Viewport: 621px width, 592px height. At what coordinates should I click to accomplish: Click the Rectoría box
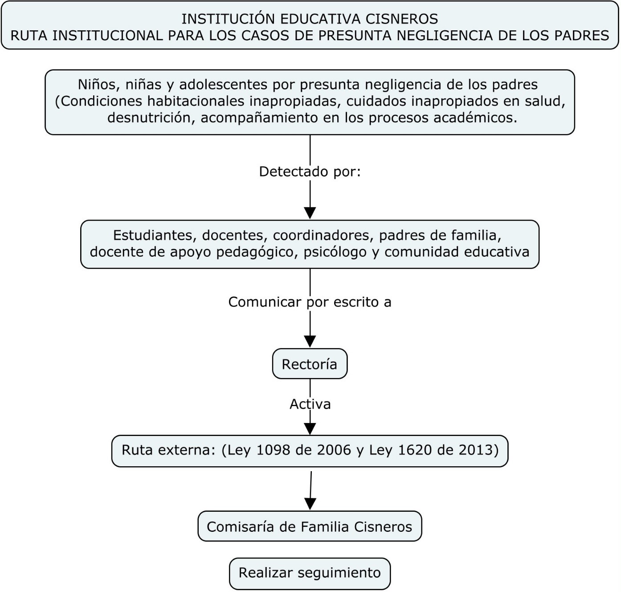tap(310, 363)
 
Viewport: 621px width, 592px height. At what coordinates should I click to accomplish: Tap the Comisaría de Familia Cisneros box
tap(310, 526)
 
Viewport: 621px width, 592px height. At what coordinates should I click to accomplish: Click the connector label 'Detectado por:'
tap(310, 172)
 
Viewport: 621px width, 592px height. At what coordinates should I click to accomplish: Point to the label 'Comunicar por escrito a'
tap(310, 302)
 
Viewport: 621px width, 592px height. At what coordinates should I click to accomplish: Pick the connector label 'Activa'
tap(310, 404)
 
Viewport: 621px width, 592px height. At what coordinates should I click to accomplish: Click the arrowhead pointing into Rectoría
tap(310, 341)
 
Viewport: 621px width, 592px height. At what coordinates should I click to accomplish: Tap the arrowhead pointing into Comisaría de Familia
tap(310, 504)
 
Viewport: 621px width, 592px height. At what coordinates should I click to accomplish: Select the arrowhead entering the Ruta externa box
tap(310, 428)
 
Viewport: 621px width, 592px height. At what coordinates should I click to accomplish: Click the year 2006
tap(334, 450)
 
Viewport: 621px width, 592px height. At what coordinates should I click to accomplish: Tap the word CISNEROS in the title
tap(402, 19)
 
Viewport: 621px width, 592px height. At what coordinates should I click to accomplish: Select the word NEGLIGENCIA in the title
tap(445, 35)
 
